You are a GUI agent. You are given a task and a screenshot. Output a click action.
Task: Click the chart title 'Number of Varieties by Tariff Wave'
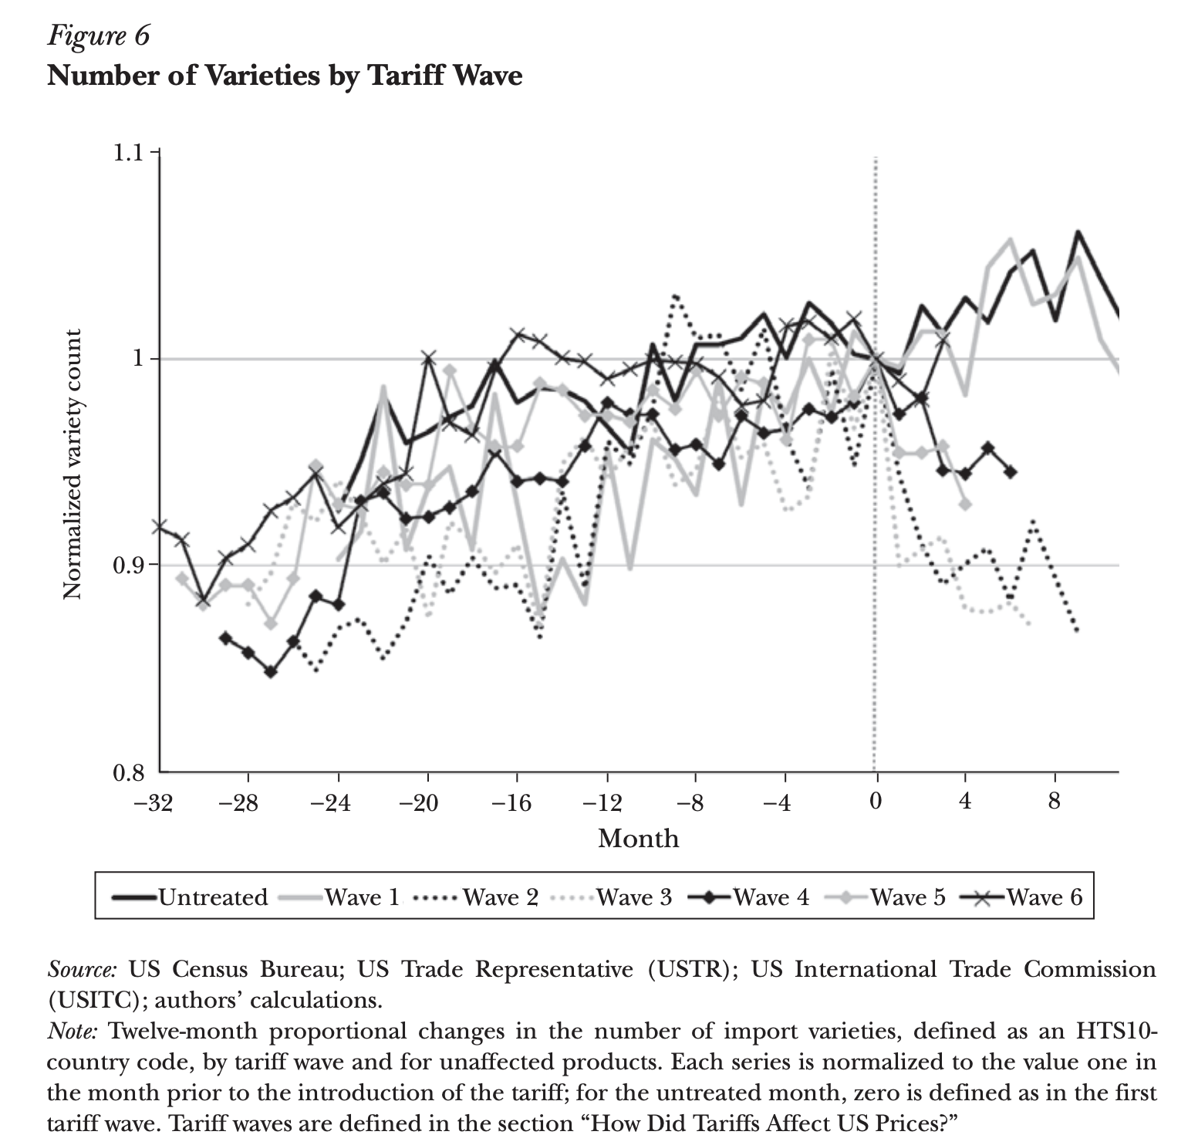coord(285,76)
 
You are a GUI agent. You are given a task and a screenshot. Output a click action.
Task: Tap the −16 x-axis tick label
coord(511,803)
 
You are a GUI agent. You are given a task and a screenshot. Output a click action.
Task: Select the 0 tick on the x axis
coord(875,802)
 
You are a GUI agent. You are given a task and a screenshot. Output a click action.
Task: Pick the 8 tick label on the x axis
coord(1055,802)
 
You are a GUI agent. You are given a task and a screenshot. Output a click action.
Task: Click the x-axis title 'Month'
coord(638,839)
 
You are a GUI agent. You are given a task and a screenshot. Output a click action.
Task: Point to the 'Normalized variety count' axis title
coord(73,464)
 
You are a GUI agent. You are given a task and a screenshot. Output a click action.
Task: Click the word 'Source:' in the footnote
coord(83,969)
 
